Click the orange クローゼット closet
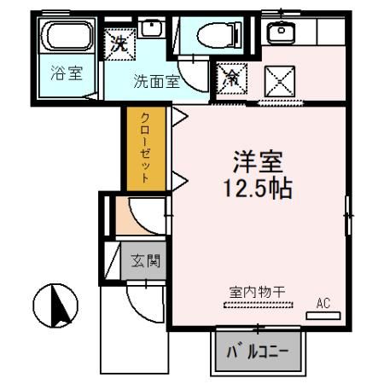coord(145,148)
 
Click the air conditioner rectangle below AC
coord(323,315)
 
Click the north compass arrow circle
coord(55,305)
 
